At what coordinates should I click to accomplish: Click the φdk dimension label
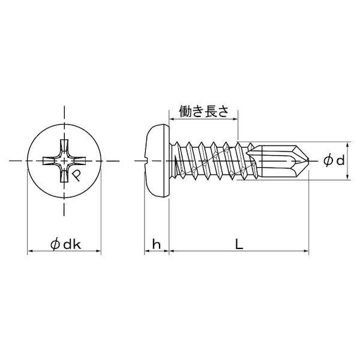(x=65, y=245)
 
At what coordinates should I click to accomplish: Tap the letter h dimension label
(x=157, y=245)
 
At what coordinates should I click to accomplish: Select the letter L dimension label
(x=239, y=245)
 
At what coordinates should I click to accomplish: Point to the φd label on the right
(x=334, y=161)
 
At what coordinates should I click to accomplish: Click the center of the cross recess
(x=64, y=160)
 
